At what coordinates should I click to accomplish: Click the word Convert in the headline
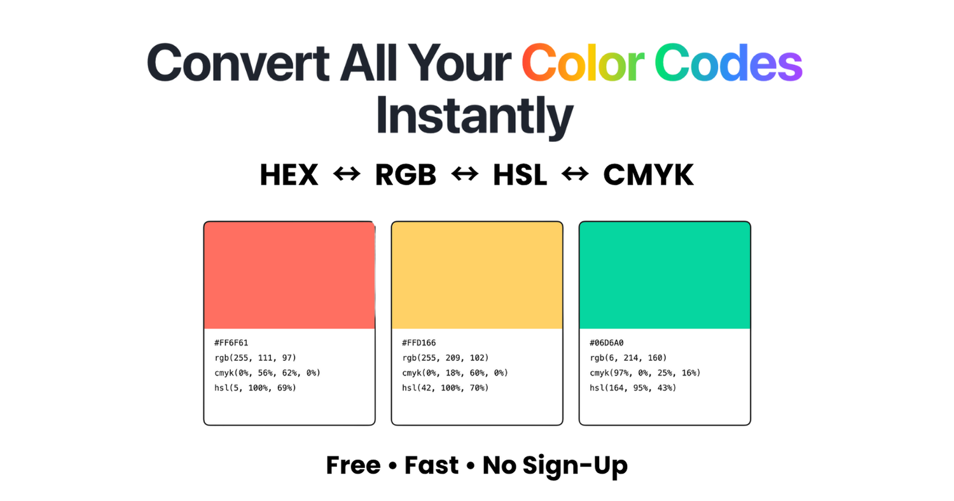point(238,62)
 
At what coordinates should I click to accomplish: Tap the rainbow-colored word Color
point(583,62)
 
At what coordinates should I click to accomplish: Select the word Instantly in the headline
point(474,116)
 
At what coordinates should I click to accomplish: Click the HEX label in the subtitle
point(289,175)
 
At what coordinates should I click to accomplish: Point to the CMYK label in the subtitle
point(648,175)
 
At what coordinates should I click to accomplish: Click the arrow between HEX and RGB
point(347,174)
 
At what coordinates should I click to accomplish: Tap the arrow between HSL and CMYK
point(575,174)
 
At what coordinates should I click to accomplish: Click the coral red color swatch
point(289,275)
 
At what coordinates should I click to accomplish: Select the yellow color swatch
point(477,275)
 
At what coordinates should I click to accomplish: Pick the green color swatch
point(665,275)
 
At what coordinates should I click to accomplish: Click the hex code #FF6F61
point(232,343)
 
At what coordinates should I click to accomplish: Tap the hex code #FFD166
point(419,343)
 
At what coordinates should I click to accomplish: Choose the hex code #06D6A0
point(607,343)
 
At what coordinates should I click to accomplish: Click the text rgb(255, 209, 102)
point(445,358)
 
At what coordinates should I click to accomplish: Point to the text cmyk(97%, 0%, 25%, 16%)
point(645,372)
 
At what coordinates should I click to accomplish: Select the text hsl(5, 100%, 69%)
point(255,388)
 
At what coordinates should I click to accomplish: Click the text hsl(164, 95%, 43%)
point(633,388)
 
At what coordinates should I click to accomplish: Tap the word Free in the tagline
point(353,465)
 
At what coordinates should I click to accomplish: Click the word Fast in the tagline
point(431,465)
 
